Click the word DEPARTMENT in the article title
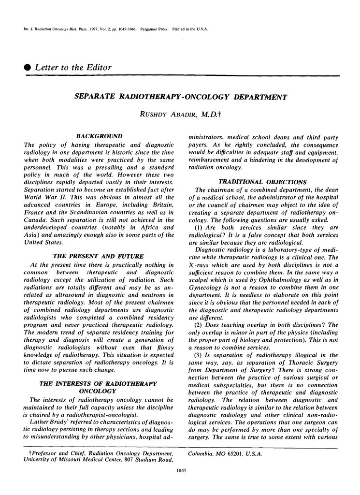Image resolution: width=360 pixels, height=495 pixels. click(x=260, y=97)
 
